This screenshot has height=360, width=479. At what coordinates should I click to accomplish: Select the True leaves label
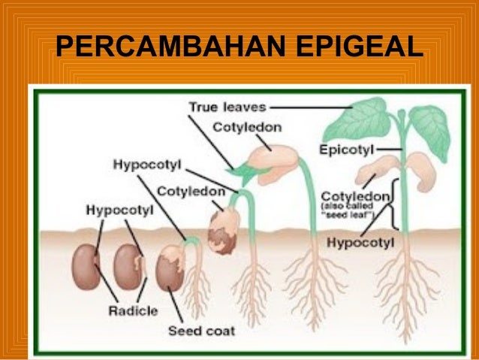pos(226,107)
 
